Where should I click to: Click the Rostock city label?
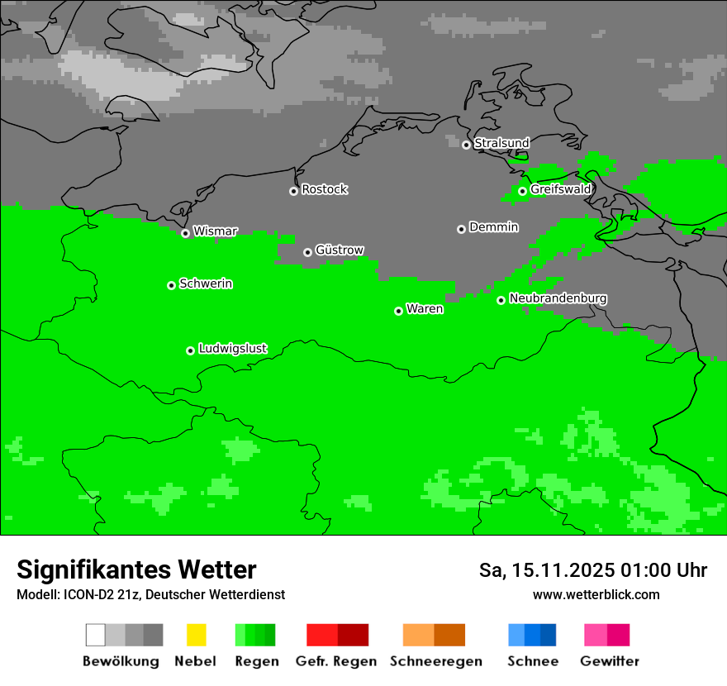point(325,189)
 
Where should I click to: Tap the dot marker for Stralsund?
point(466,145)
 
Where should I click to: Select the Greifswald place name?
point(561,189)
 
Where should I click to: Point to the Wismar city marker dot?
point(185,233)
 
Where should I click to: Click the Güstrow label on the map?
point(340,250)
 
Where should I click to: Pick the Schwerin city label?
point(206,283)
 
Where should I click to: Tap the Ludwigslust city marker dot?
point(190,350)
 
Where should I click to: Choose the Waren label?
point(425,309)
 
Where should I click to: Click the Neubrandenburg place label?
point(558,298)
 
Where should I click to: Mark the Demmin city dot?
point(461,229)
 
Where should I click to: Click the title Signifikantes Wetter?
point(136,569)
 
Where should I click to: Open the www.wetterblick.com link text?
point(596,594)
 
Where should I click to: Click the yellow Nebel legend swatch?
point(196,635)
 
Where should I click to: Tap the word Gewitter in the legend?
point(610,661)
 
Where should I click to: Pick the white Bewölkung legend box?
point(95,635)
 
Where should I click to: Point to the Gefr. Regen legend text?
point(335,661)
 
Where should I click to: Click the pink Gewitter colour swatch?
point(596,635)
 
